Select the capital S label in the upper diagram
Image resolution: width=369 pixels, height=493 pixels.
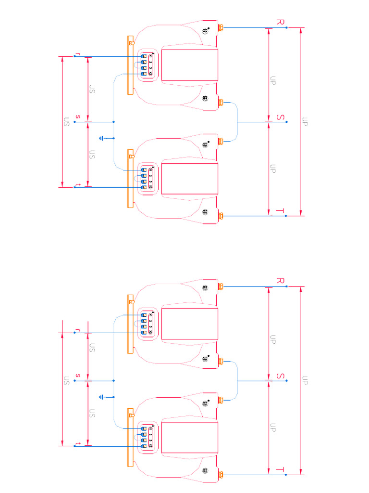pyautogui.click(x=281, y=117)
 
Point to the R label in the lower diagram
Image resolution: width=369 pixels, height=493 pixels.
pyautogui.click(x=281, y=281)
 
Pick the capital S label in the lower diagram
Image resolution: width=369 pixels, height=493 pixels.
pyautogui.click(x=281, y=376)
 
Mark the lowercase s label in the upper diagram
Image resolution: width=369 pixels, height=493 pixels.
pyautogui.click(x=77, y=117)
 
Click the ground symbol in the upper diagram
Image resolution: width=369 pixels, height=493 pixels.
pyautogui.click(x=101, y=139)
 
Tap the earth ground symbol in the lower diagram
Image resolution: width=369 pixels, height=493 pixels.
pyautogui.click(x=101, y=397)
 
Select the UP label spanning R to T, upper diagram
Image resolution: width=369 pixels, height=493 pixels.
pyautogui.click(x=305, y=121)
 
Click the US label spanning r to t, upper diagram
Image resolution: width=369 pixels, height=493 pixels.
pyautogui.click(x=67, y=122)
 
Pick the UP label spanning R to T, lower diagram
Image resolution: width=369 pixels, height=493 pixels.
pyautogui.click(x=305, y=380)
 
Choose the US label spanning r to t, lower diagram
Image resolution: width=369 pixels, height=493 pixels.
pyautogui.click(x=67, y=381)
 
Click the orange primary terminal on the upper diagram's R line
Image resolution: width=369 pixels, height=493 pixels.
pyautogui.click(x=221, y=28)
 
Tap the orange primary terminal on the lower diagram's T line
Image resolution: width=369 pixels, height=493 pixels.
pyautogui.click(x=221, y=475)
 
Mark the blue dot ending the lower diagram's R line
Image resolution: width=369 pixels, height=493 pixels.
pyautogui.click(x=286, y=286)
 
